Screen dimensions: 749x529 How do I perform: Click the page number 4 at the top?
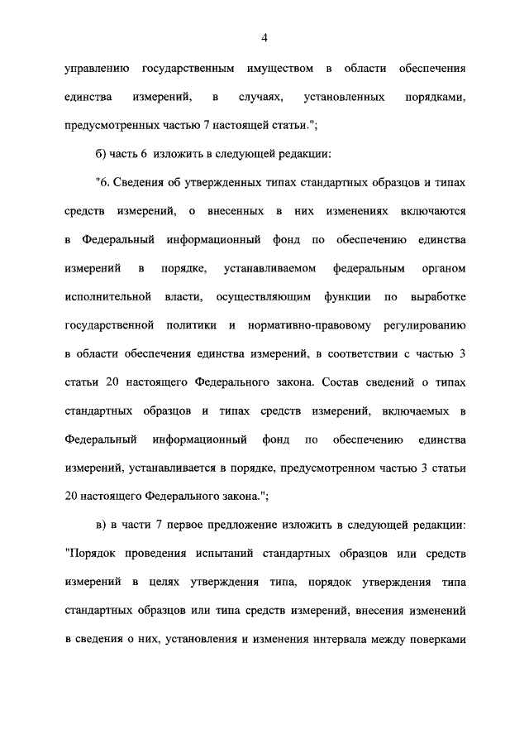(264, 37)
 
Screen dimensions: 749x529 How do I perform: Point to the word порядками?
(436, 97)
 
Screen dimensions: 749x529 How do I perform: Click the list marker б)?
(102, 154)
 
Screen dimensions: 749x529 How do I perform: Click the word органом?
(444, 268)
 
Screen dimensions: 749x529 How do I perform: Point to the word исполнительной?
(106, 295)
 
